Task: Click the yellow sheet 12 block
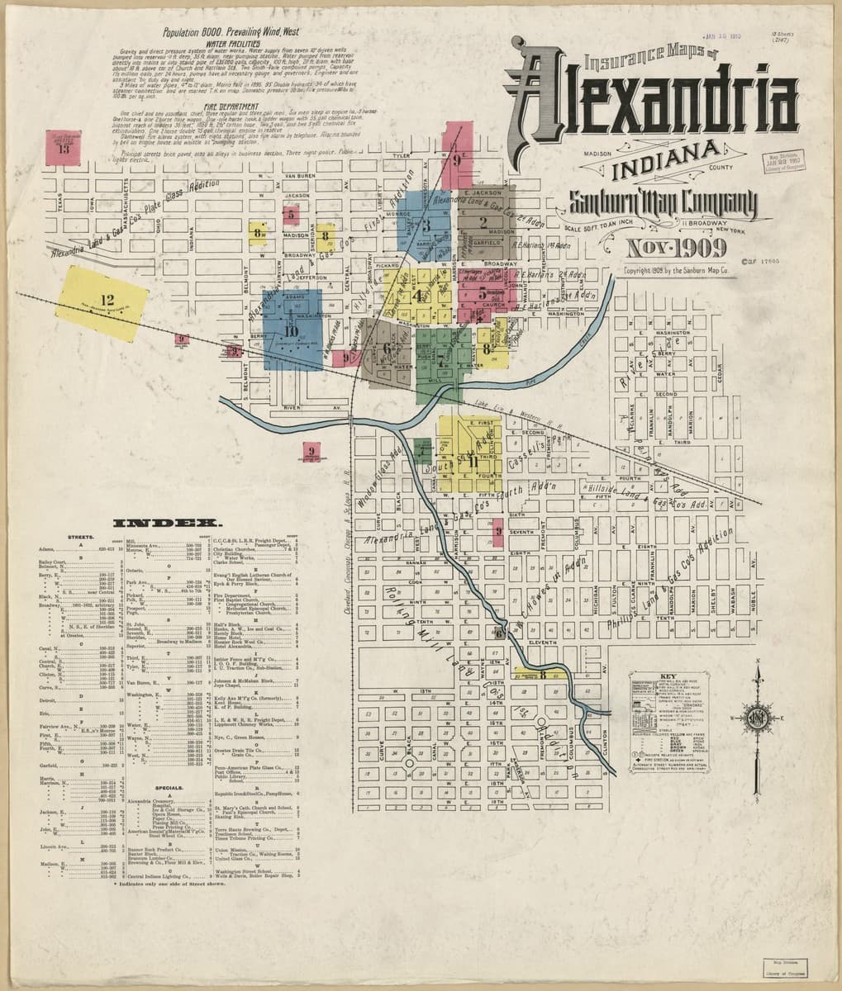[102, 301]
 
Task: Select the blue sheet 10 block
[290, 330]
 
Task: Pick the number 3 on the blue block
[426, 224]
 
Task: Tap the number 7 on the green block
[441, 357]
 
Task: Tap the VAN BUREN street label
[301, 176]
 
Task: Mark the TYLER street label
[402, 154]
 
